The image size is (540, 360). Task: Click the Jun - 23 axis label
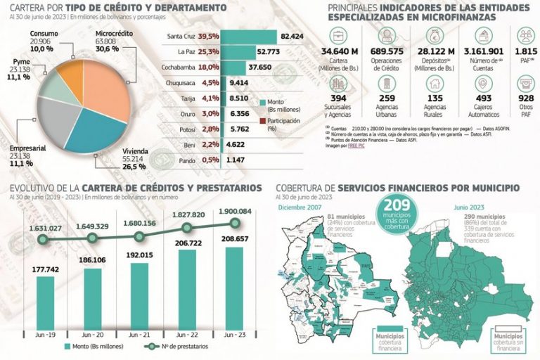pos(236,335)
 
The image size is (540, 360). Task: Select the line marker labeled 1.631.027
pos(44,240)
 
